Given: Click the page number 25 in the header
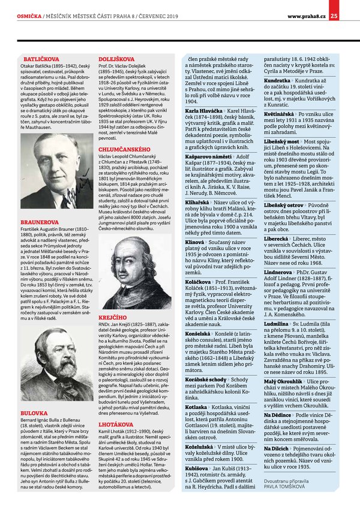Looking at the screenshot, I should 350,7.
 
